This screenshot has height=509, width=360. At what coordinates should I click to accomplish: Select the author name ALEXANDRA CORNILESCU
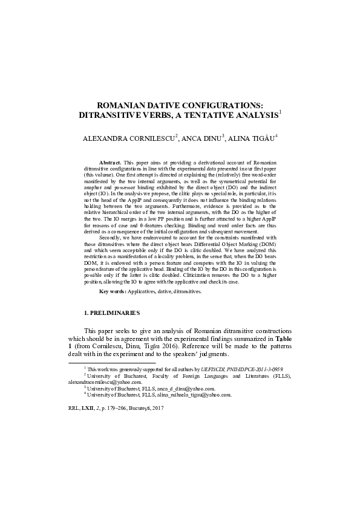click(x=129, y=138)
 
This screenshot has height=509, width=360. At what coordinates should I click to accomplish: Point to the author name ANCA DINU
click(x=201, y=138)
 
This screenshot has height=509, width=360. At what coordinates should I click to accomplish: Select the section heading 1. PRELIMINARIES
click(x=112, y=313)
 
